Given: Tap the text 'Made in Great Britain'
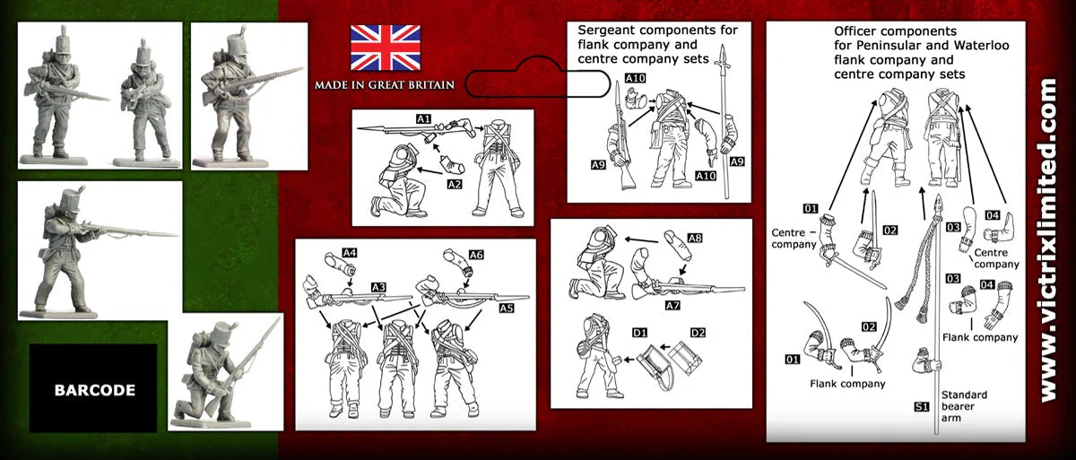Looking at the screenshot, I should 384,85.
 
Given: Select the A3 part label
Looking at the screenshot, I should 378,287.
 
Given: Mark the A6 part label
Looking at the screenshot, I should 476,255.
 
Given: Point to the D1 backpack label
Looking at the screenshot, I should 639,334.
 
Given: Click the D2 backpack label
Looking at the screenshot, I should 697,334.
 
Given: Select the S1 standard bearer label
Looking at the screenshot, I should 921,406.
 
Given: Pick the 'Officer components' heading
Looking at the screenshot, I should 899,53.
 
